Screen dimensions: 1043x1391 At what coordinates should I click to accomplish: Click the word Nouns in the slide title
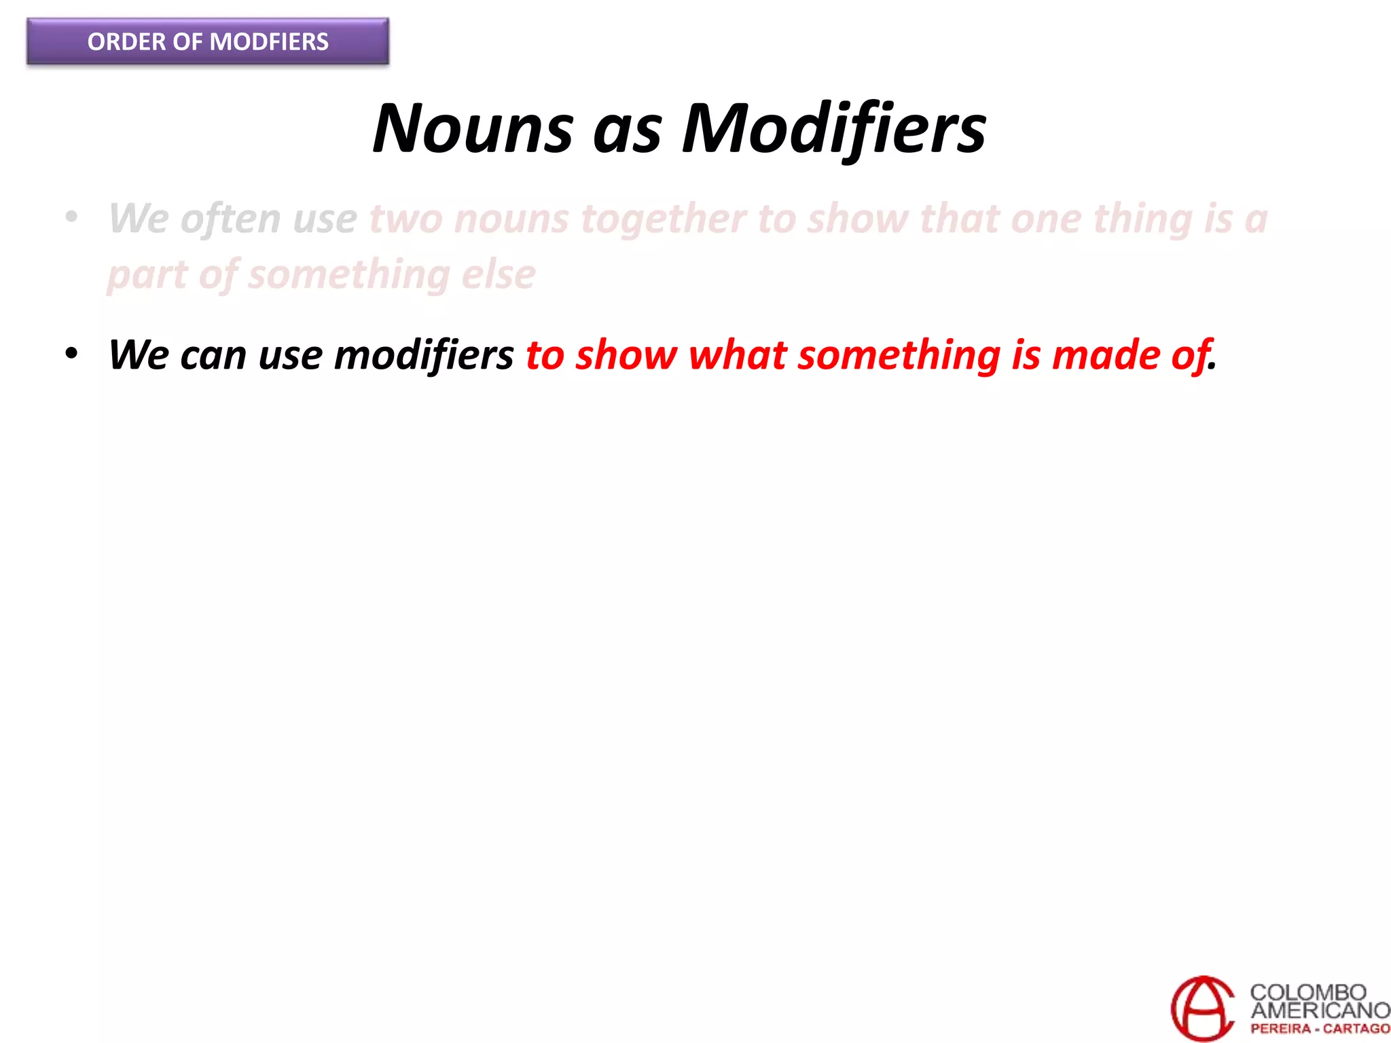(473, 129)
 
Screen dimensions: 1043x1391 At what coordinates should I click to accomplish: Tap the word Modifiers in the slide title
(833, 129)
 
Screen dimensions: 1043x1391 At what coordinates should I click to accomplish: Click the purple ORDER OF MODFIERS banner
(208, 42)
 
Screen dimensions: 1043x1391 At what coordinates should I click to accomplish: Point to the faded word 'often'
(230, 219)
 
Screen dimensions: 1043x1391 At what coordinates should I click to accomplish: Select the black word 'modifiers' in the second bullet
(424, 356)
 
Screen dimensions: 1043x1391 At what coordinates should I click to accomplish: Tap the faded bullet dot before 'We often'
(71, 218)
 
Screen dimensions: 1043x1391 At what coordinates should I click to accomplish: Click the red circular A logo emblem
(1203, 1008)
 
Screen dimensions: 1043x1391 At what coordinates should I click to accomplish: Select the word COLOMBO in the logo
(1307, 992)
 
